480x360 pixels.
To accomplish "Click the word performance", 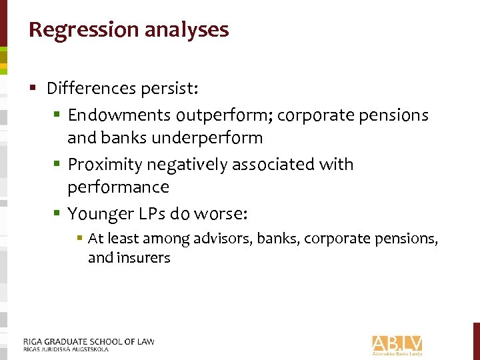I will click(118, 187).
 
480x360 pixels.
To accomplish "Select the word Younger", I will click(99, 213).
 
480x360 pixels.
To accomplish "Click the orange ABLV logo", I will click(397, 343).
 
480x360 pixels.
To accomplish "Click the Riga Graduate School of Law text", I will click(89, 341).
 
